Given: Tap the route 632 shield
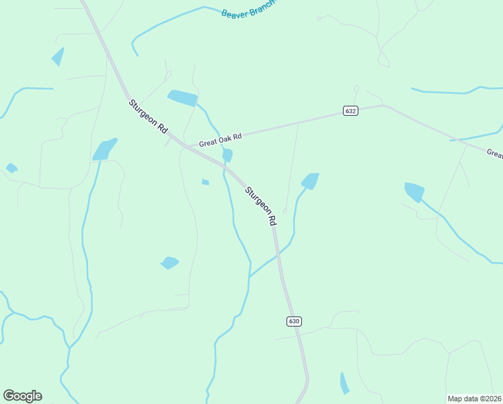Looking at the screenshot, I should click(350, 110).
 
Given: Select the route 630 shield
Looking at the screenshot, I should click(294, 321).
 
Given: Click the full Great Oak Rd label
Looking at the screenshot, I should click(220, 139).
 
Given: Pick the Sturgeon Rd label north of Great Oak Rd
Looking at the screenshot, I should click(149, 116).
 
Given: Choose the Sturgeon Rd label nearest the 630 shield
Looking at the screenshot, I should click(261, 205).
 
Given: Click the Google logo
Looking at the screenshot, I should click(22, 396).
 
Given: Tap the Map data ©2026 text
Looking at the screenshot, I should click(474, 399).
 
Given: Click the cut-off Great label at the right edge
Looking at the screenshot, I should click(494, 154).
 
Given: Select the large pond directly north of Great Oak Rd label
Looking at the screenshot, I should click(182, 98).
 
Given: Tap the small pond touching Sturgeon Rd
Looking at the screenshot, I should click(227, 156).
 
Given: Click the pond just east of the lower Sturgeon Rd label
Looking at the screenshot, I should click(310, 180).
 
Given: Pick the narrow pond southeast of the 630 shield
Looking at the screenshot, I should click(344, 382).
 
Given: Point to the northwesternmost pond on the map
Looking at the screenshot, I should click(59, 57).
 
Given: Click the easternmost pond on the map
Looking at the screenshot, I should click(414, 192).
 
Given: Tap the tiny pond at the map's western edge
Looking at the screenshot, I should click(11, 168).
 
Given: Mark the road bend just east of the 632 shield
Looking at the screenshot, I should click(382, 105).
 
